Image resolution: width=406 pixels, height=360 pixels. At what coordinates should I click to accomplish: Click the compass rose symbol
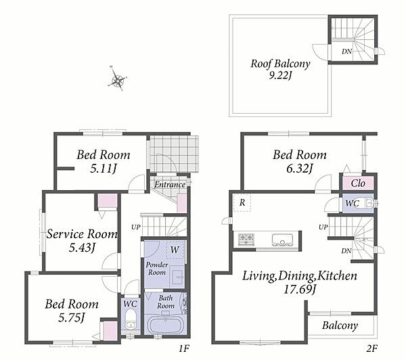click(x=117, y=78)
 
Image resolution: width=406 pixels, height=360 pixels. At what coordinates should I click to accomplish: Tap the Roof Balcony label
click(x=280, y=64)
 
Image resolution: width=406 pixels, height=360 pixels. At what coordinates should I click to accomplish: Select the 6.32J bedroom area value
click(x=300, y=168)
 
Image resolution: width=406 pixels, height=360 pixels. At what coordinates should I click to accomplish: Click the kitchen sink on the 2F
click(x=282, y=240)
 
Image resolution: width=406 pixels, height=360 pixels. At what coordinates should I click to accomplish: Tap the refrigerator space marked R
click(x=242, y=202)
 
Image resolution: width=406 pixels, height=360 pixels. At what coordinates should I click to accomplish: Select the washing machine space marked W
click(x=175, y=250)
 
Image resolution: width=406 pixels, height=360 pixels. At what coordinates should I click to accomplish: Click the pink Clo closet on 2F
click(x=358, y=183)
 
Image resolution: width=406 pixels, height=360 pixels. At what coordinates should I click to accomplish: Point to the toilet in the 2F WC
click(x=369, y=203)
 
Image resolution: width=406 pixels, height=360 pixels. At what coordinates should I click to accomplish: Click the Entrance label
click(x=170, y=185)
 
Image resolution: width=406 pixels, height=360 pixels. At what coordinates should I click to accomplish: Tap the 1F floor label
click(x=183, y=349)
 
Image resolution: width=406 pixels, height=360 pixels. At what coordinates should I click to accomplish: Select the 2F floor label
click(x=371, y=349)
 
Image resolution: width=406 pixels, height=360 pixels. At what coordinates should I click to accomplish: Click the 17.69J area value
click(x=300, y=290)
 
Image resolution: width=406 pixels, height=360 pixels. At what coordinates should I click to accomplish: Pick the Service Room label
click(x=82, y=234)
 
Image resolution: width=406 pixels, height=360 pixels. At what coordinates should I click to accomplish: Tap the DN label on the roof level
click(x=346, y=51)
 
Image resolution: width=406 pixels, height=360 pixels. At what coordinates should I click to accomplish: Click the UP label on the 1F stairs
click(x=136, y=227)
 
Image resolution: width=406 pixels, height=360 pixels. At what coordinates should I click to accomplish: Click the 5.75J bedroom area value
click(x=72, y=317)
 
